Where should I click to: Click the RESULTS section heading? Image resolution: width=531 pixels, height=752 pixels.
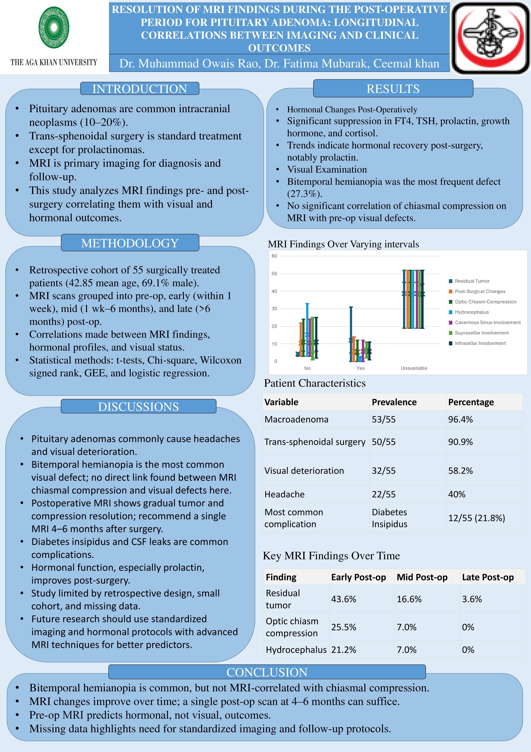(393, 89)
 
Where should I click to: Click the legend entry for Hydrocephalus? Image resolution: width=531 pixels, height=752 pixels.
(471, 312)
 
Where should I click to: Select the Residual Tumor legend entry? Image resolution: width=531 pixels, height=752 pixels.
(472, 281)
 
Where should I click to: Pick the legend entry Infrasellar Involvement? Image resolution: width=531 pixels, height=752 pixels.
(480, 343)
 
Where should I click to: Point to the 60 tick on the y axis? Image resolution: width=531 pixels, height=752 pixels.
(274, 256)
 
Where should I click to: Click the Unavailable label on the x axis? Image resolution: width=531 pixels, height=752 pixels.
(414, 368)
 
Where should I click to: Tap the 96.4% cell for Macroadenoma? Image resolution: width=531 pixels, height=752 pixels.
(460, 420)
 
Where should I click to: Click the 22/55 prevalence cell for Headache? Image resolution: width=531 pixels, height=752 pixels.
(383, 494)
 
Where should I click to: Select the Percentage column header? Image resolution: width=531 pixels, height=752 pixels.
(471, 402)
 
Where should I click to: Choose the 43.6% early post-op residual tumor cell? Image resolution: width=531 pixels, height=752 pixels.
(343, 599)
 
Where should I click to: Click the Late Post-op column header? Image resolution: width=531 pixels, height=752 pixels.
(488, 577)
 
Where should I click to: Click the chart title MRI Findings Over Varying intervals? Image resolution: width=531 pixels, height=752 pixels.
(343, 244)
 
